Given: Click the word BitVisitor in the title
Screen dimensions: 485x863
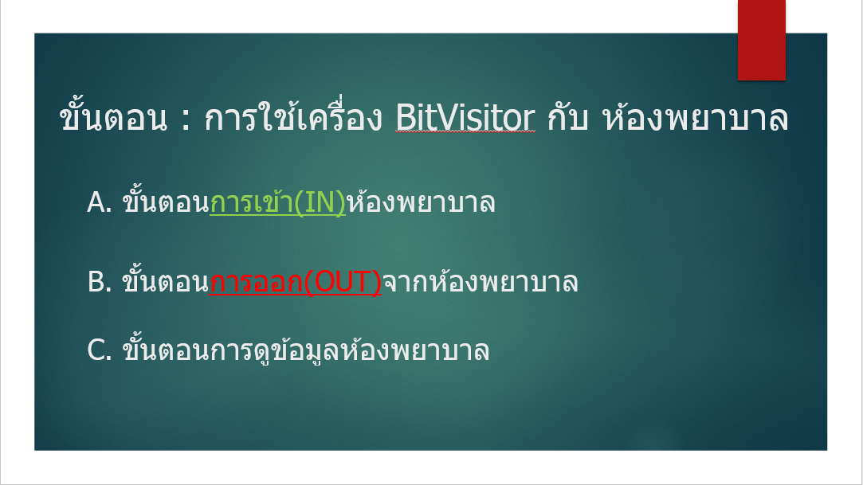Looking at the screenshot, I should click(x=465, y=119).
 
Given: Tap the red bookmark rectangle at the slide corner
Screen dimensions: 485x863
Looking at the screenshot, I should click(x=761, y=40).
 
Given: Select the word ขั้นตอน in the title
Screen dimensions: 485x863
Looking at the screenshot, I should click(x=112, y=119).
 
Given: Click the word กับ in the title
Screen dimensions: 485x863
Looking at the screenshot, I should click(x=568, y=119).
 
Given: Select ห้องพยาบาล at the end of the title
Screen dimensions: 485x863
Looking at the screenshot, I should click(x=696, y=119).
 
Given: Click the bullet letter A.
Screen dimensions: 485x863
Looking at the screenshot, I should click(x=97, y=203).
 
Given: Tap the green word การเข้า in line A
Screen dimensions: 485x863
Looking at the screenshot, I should click(x=251, y=203).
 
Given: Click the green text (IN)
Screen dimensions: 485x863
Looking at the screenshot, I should click(x=320, y=203).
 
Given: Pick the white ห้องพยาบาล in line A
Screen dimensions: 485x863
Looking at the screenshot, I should click(x=421, y=203).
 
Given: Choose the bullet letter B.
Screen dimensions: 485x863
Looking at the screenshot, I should click(x=97, y=283).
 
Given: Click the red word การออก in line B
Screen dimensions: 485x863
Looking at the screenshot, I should click(x=257, y=283).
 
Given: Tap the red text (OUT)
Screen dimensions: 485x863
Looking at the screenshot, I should click(x=343, y=283).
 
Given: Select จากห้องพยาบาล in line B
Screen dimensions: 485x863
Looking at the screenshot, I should click(x=480, y=283).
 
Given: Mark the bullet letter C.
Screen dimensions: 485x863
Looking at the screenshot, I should click(x=97, y=351).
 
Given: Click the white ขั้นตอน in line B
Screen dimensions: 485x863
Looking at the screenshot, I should click(x=164, y=283).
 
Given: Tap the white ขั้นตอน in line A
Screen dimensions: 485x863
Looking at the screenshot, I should click(x=164, y=203).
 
